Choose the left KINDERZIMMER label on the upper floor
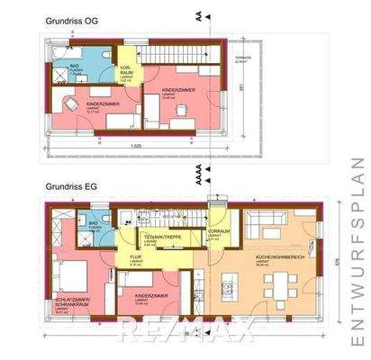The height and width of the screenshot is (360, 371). tap(90, 105)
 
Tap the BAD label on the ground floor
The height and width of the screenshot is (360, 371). tap(93, 222)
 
